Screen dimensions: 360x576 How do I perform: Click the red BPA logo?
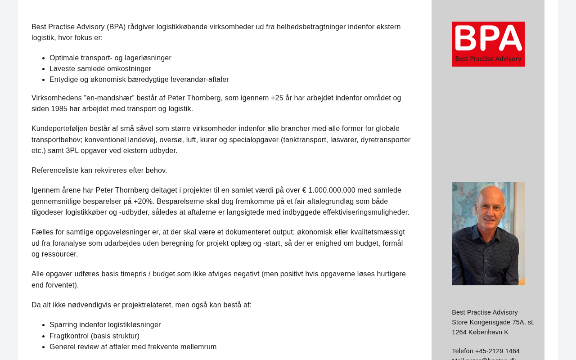pos(488,44)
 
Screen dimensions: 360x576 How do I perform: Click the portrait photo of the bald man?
pos(488,233)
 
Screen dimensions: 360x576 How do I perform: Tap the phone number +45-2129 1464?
pos(497,351)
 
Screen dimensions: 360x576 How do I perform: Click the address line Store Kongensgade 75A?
pos(493,322)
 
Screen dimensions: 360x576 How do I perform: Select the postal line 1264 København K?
pos(480,332)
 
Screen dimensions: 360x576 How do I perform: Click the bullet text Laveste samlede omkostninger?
pos(100,69)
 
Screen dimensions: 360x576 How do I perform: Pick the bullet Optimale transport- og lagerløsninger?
pos(110,58)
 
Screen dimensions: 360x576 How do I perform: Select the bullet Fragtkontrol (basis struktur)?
pos(94,336)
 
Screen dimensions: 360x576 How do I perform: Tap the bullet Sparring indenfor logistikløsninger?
pos(105,325)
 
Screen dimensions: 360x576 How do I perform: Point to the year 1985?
pos(59,109)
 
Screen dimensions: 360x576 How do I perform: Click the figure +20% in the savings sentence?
pos(143,202)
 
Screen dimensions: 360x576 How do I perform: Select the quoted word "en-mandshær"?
pos(109,98)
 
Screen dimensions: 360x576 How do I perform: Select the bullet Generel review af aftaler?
pos(133,347)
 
